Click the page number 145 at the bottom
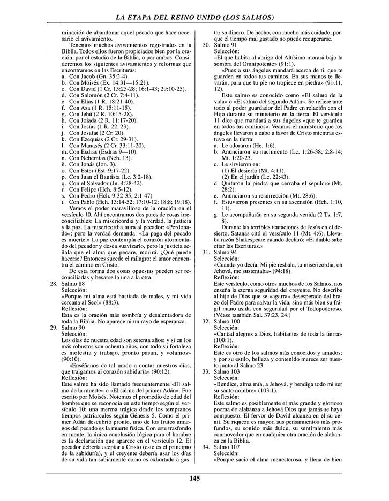[194, 478]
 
